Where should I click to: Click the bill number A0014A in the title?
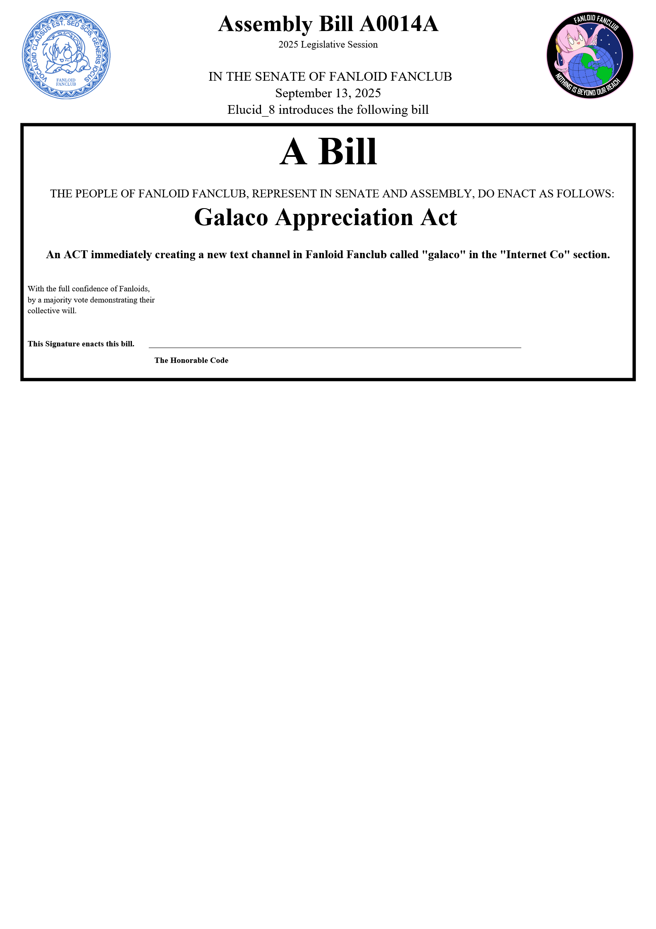coord(399,24)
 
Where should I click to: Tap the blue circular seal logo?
coord(66,55)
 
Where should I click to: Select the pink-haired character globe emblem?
coord(589,55)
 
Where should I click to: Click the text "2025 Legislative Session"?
coord(328,45)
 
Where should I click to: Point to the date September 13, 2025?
coord(328,93)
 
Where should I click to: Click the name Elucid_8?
coord(251,110)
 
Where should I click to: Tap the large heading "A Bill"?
coord(328,151)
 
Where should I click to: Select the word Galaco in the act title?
coord(231,218)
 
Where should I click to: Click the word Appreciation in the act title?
coord(344,218)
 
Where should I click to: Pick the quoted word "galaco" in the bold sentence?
coord(443,254)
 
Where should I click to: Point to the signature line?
coord(335,348)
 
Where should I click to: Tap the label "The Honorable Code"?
coord(191,360)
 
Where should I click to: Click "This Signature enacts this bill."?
coord(81,344)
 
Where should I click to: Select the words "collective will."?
coord(52,311)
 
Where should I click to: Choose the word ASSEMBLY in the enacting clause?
coord(445,194)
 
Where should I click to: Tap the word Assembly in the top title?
coord(265,24)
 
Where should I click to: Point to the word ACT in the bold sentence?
coord(76,254)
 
